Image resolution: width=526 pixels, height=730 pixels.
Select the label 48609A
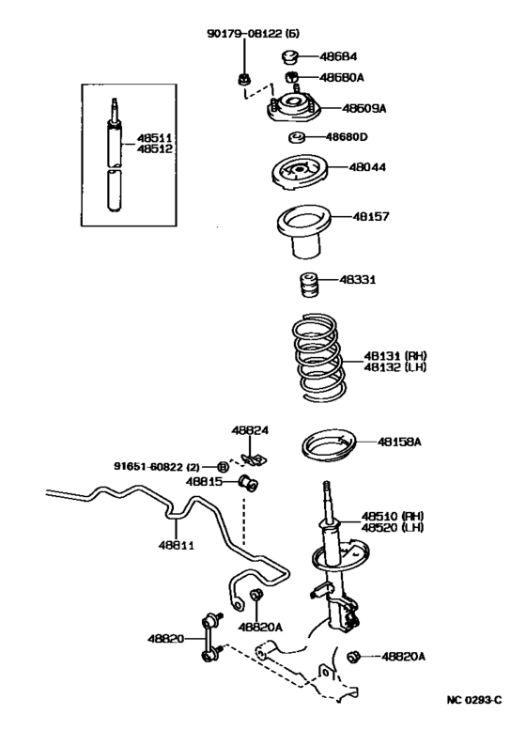365,108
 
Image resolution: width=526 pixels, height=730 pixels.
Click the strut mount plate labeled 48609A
294,110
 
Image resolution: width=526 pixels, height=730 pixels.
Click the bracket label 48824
251,430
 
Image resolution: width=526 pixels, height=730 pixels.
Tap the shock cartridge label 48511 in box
155,137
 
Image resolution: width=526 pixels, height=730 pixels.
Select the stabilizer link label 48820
165,639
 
